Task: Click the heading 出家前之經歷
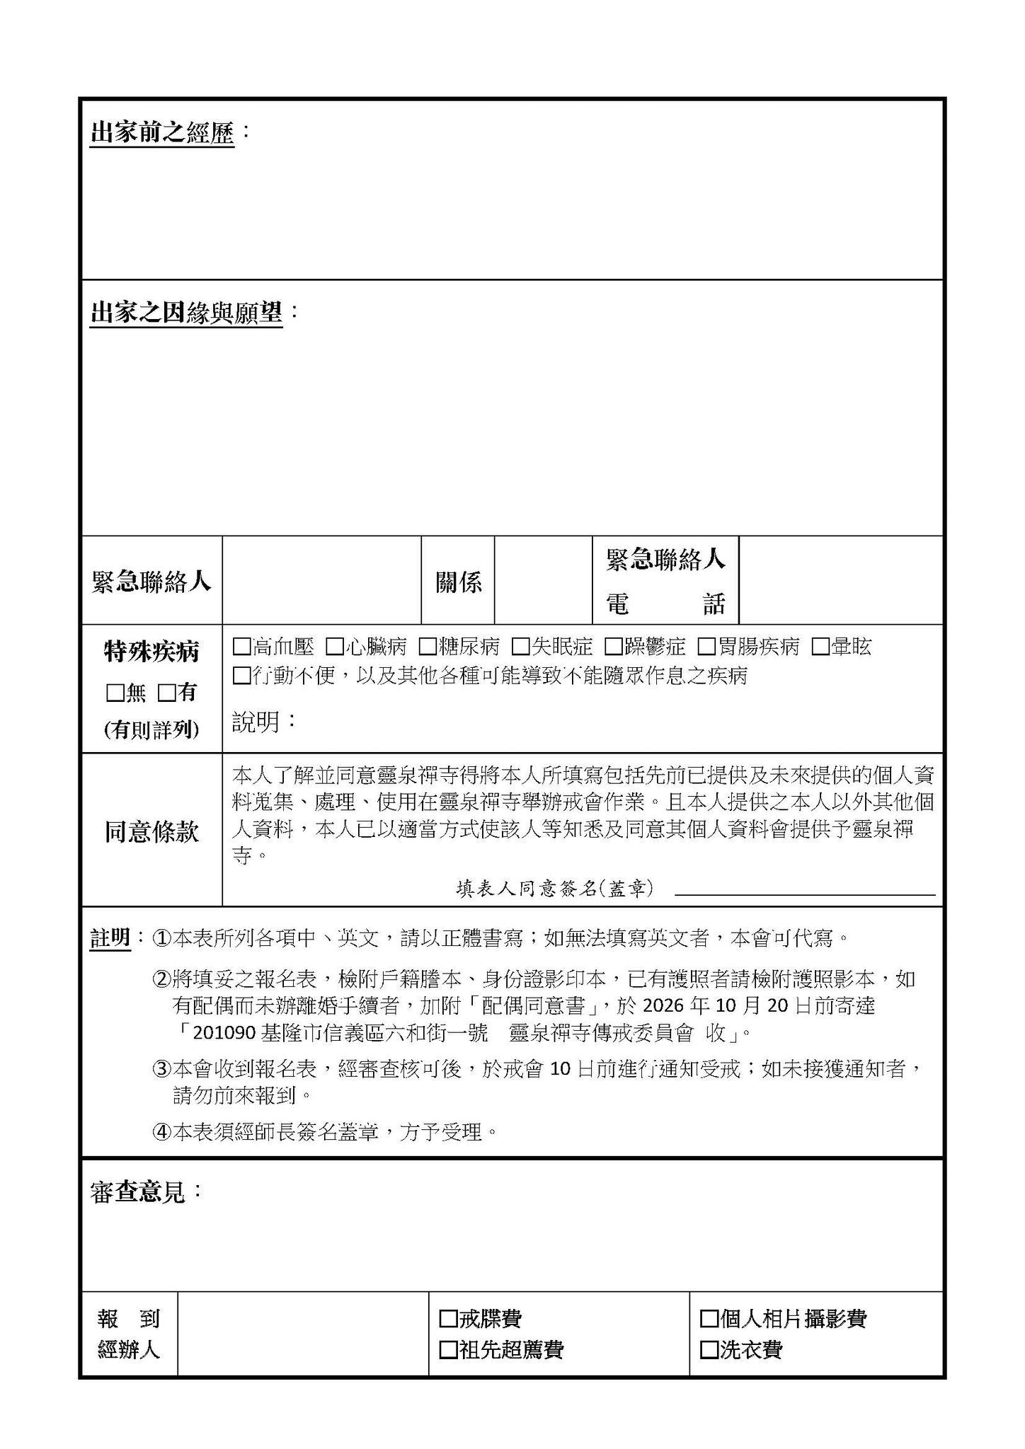click(161, 132)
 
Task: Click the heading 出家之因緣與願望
click(186, 313)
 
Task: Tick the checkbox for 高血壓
click(241, 647)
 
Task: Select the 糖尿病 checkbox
click(427, 647)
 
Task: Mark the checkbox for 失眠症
click(520, 647)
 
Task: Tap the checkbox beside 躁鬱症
click(613, 647)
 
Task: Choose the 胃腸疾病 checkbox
click(706, 647)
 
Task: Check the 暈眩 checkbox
click(820, 647)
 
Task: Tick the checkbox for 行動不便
click(241, 676)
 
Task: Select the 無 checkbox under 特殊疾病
click(115, 693)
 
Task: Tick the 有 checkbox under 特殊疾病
click(167, 693)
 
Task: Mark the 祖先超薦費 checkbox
click(448, 1350)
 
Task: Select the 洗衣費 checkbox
click(709, 1350)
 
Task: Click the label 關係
click(459, 582)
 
